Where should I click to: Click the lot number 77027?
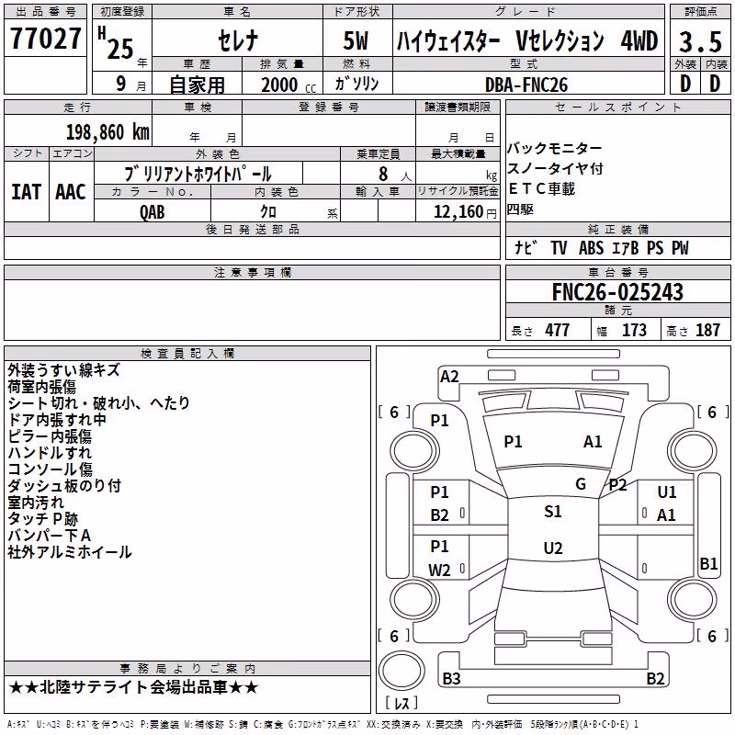pos(45,39)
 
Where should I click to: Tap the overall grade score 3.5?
pos(700,41)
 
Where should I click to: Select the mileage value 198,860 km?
pos(107,132)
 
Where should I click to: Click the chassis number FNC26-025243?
pos(617,291)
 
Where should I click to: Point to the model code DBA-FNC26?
pos(526,85)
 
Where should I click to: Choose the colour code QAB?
pos(152,212)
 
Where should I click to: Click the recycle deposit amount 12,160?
pos(458,211)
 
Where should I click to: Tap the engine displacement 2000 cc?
pos(288,85)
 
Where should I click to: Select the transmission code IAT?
pos(26,192)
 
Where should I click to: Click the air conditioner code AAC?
pos(71,192)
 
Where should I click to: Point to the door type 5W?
pos(356,40)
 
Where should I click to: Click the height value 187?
pos(707,330)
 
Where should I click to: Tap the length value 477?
pos(557,330)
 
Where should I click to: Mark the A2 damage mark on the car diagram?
pos(449,377)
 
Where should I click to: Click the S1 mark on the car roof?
pos(553,512)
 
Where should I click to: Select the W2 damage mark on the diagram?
pos(439,570)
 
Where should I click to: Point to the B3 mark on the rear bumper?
pos(451,678)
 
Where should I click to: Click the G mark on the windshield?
pos(581,483)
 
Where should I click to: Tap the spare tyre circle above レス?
pos(401,671)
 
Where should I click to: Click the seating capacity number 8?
pos(383,174)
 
